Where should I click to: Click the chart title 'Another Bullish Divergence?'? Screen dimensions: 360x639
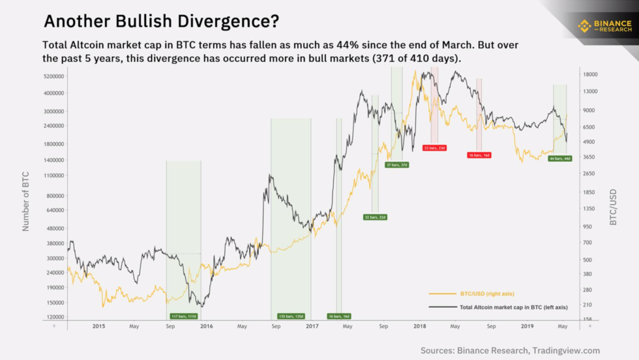[x=161, y=22]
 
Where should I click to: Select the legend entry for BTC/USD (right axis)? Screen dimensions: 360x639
[x=483, y=293]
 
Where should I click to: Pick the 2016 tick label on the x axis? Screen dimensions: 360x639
[x=205, y=326]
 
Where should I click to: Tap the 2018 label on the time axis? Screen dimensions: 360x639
[x=419, y=326]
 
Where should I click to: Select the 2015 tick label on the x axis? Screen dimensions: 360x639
[x=98, y=326]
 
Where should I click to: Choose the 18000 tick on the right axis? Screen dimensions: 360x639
[x=590, y=74]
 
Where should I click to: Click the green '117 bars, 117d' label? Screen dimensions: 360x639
[x=183, y=316]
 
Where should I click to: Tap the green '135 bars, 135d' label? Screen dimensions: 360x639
[x=291, y=316]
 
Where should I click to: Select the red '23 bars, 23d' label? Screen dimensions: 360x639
[x=434, y=148]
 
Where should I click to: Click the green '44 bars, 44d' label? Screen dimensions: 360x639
[x=560, y=158]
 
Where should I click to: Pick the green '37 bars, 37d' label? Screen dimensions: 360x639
[x=397, y=165]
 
